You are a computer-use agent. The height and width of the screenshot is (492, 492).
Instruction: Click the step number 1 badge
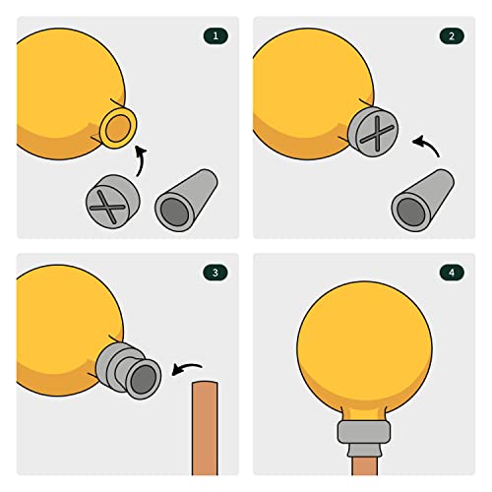[215, 36]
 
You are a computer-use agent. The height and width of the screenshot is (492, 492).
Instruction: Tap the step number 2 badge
[452, 36]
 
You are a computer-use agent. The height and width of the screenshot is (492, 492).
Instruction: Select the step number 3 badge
[215, 273]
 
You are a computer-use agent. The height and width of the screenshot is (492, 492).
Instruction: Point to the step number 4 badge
[452, 273]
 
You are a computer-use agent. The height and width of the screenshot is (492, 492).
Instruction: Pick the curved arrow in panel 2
[428, 145]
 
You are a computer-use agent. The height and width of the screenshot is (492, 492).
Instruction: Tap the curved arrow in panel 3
[186, 367]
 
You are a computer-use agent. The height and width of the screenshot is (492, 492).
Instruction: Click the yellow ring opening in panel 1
[118, 127]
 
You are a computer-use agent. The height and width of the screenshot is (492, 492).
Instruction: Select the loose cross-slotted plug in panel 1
[113, 202]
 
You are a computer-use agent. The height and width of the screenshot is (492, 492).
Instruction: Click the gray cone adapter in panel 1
[186, 200]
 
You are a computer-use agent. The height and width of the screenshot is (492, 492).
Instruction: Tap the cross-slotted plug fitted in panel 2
[373, 131]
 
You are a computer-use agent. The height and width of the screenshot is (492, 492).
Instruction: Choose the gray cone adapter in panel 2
[422, 200]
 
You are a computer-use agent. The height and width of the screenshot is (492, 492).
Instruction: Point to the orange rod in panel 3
[205, 428]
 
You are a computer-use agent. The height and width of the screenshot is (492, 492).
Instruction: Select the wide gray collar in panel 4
[364, 432]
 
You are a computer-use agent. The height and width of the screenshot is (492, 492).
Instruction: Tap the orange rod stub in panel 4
[364, 465]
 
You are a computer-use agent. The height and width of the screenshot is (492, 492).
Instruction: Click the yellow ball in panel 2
[312, 93]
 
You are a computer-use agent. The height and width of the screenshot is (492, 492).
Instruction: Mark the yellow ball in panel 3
[69, 331]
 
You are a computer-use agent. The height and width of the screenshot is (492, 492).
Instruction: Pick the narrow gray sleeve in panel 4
[364, 450]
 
